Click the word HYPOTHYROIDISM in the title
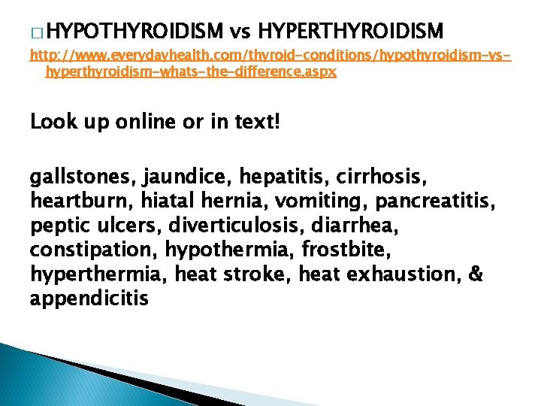(x=139, y=32)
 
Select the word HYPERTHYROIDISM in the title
(x=351, y=32)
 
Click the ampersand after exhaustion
(x=475, y=274)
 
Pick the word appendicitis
(x=89, y=298)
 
